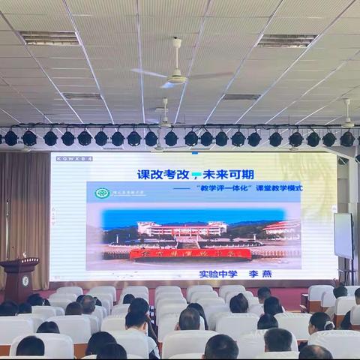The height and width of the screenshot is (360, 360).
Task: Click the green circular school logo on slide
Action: click(x=101, y=193)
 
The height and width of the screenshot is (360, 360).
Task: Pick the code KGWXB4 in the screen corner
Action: click(x=73, y=159)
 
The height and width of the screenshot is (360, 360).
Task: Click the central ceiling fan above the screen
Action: click(x=176, y=76)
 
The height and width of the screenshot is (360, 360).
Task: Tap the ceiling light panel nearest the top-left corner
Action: click(x=49, y=38)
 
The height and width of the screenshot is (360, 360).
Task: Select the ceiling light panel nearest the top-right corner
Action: click(x=287, y=40)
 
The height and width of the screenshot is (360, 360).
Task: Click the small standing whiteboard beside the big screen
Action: click(x=343, y=236)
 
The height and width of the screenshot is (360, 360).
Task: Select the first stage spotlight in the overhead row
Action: click(x=11, y=138)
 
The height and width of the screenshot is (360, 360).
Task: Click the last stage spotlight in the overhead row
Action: click(x=346, y=139)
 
